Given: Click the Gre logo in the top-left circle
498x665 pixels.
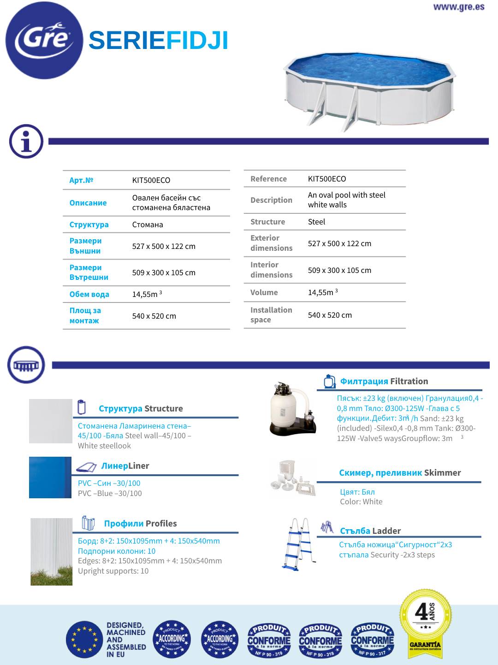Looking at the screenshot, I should (44, 40).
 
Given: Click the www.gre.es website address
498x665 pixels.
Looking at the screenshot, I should (458, 7).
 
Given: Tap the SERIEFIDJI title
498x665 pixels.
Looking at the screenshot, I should (158, 41).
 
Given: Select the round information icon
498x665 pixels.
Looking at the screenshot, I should (26, 142).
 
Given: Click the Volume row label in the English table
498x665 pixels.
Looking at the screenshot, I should (264, 292).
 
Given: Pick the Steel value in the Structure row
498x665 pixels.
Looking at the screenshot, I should (316, 222).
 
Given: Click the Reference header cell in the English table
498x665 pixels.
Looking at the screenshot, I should (268, 179).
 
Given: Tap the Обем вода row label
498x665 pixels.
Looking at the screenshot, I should (89, 294).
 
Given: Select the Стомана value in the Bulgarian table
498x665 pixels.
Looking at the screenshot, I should (148, 224).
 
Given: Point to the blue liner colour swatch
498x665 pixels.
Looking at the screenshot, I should (50, 478).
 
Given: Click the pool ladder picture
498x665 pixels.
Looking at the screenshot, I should (299, 544).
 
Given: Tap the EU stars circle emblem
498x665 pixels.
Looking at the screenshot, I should (84, 640).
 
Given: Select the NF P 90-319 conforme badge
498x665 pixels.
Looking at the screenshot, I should (269, 640).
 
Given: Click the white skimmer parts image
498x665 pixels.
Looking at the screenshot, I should (293, 478).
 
